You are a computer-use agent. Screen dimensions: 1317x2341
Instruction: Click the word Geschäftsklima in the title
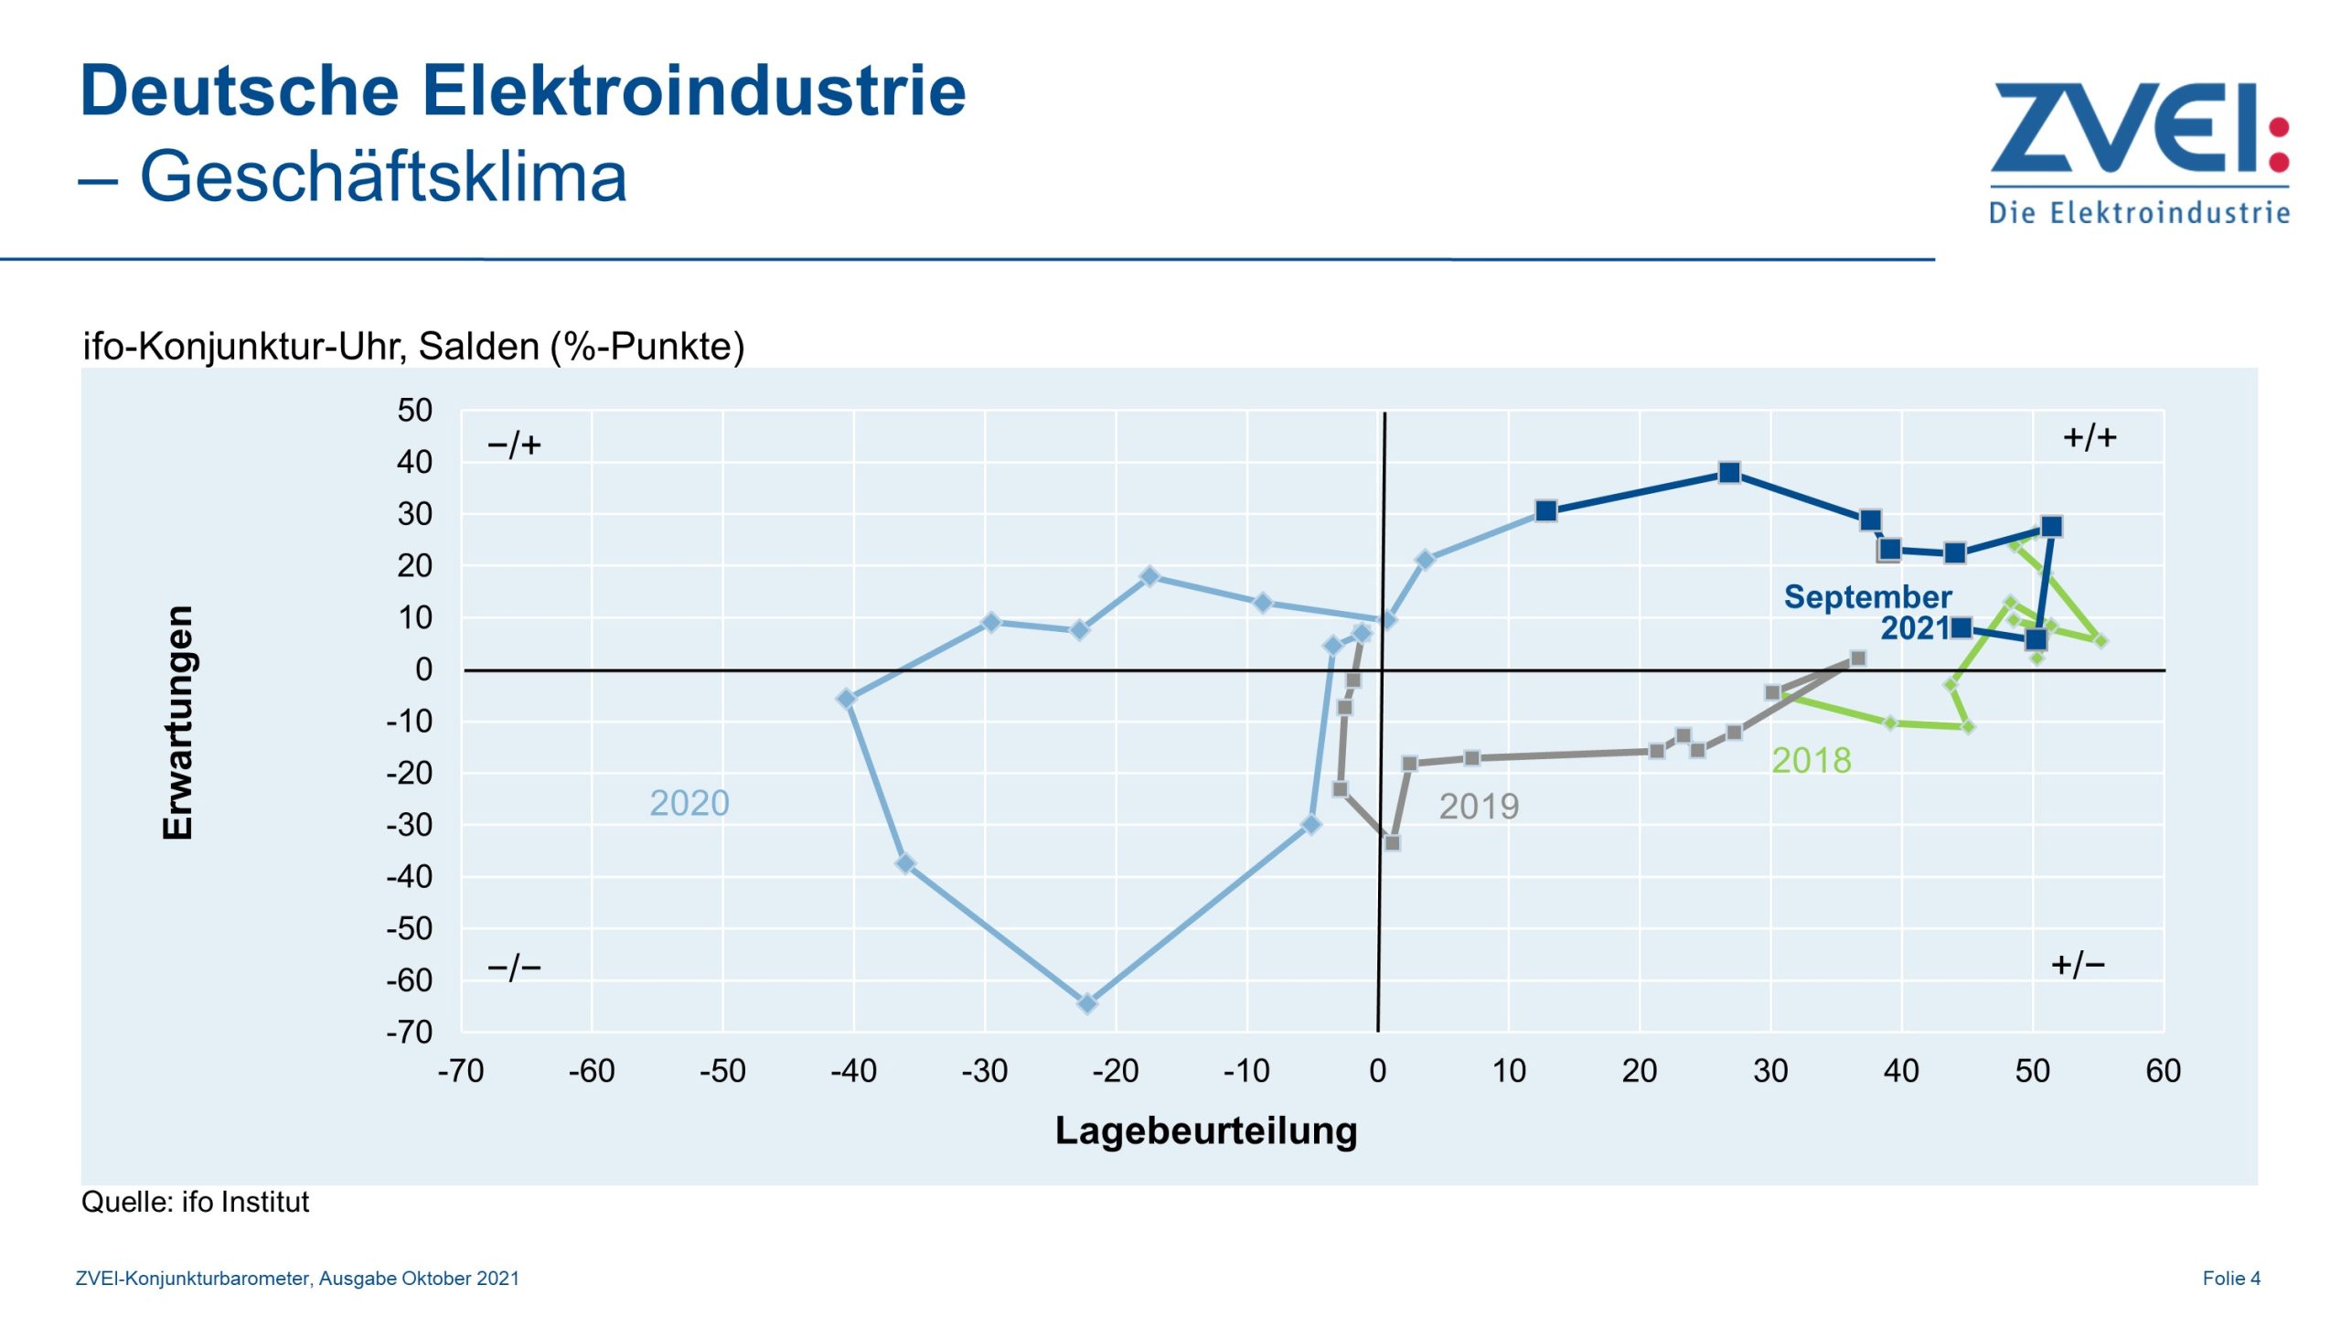[383, 177]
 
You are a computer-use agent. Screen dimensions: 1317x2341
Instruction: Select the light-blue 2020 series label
[689, 803]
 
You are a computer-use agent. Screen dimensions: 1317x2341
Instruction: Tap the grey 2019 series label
[1478, 806]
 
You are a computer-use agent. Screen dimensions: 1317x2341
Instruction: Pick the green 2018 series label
[1811, 760]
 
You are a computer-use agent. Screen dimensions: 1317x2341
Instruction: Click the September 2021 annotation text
[1867, 612]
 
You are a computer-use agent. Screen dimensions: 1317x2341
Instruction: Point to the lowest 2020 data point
[1086, 1003]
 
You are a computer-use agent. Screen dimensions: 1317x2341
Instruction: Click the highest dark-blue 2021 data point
[1728, 473]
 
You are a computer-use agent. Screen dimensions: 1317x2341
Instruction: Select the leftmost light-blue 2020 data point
[846, 699]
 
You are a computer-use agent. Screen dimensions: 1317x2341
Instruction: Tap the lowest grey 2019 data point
[1392, 842]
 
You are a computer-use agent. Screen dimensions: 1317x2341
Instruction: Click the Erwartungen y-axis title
[177, 722]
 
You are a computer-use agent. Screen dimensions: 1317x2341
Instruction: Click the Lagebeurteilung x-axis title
[1205, 1130]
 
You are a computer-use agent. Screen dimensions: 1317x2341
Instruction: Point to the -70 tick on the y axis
[409, 1032]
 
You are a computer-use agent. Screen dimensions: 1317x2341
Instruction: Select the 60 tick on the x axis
[2163, 1071]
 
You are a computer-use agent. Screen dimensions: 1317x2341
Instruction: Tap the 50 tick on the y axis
[414, 411]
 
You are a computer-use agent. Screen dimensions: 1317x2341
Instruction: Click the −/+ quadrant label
[514, 445]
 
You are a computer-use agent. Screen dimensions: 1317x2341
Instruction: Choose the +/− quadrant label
[2078, 964]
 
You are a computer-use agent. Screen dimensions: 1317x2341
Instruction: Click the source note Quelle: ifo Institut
[195, 1202]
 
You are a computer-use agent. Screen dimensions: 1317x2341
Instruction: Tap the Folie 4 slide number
[2230, 1278]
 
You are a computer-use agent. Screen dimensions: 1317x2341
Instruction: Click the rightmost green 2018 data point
[2100, 641]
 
